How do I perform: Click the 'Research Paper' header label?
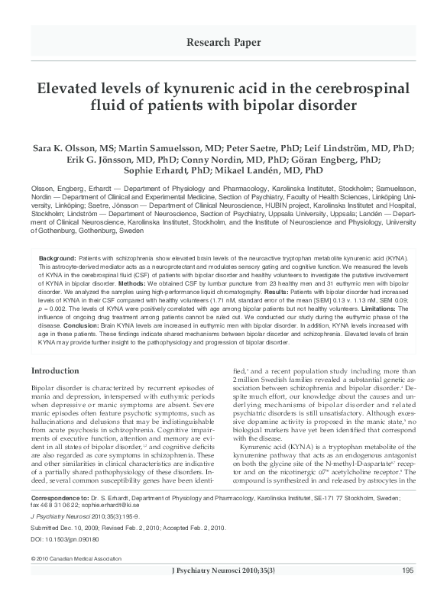click(x=223, y=40)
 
